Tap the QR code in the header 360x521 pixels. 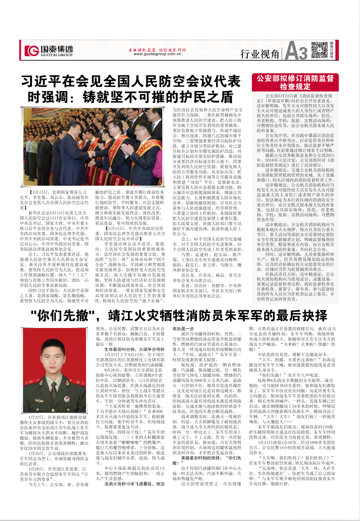[x=319, y=50]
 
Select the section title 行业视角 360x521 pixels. [x=260, y=54]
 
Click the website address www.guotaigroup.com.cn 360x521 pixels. [x=157, y=54]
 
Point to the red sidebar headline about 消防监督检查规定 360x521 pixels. [x=295, y=82]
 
